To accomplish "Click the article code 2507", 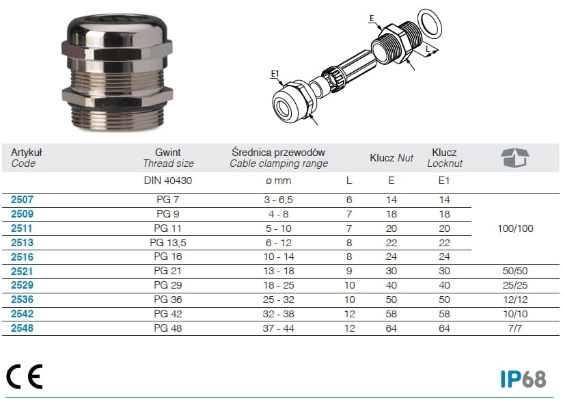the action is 22,200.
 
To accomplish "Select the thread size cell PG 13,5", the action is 168,243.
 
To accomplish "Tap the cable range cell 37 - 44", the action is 278,328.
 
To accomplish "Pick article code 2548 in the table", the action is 22,328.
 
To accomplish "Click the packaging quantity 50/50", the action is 515,271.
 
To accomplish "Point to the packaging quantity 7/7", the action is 515,328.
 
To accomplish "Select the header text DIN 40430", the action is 168,181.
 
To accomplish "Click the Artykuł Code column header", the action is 26,158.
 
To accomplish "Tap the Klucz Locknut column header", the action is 445,158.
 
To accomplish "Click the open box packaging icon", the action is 515,157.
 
